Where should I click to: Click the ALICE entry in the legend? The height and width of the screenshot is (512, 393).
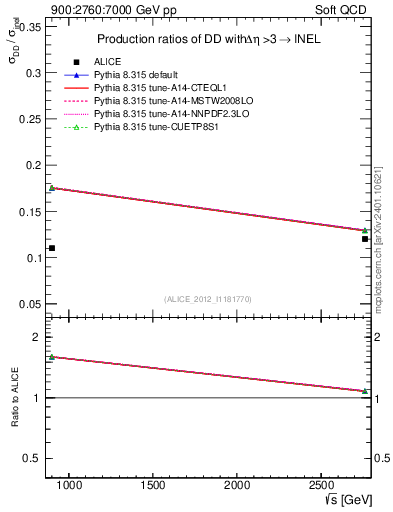(107, 62)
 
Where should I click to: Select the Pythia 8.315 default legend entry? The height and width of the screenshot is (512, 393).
(140, 75)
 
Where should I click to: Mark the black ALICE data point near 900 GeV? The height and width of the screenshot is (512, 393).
(52, 248)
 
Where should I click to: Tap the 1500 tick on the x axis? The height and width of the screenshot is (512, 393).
(153, 486)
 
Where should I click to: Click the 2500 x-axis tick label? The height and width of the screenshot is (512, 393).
(322, 486)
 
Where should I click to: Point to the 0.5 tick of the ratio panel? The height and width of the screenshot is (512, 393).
(32, 458)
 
